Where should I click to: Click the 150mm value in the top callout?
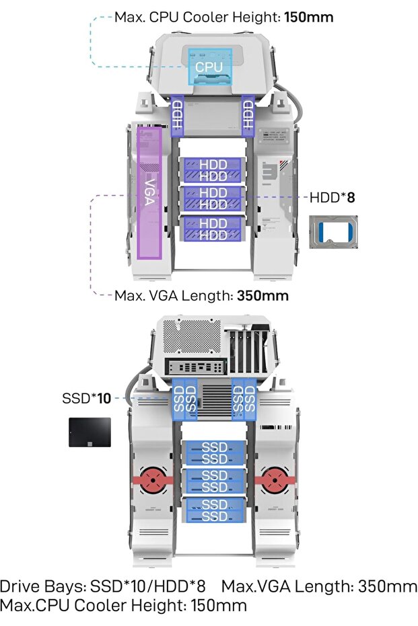pyautogui.click(x=308, y=17)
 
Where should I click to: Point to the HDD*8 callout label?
pyautogui.click(x=333, y=197)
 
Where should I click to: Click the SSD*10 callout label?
pyautogui.click(x=86, y=398)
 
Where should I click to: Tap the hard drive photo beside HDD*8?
pyautogui.click(x=333, y=232)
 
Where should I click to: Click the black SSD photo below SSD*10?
pyautogui.click(x=90, y=432)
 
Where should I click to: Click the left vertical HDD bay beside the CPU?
pyautogui.click(x=178, y=115)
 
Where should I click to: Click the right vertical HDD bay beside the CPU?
pyautogui.click(x=248, y=115)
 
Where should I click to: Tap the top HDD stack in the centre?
pyautogui.click(x=213, y=170)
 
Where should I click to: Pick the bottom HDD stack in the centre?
pyautogui.click(x=213, y=229)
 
